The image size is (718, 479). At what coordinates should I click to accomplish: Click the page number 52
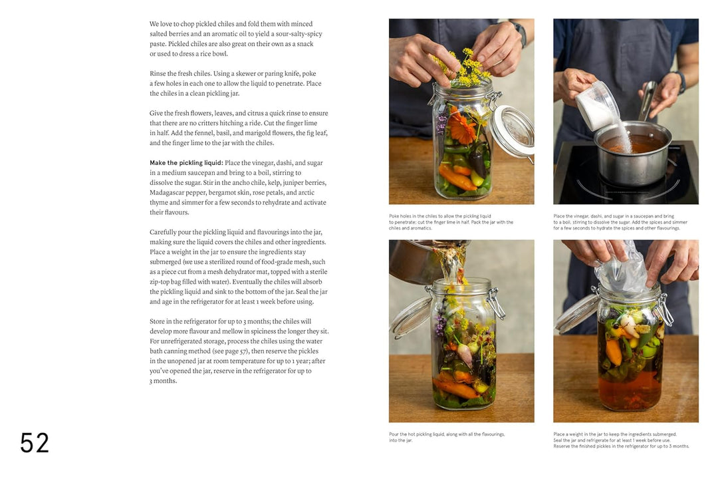coord(35,442)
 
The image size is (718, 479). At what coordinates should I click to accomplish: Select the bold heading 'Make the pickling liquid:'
coord(185,163)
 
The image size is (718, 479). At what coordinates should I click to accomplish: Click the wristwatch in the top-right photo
coord(679,82)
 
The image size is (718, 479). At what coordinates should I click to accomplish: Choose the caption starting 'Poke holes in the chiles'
coord(451,222)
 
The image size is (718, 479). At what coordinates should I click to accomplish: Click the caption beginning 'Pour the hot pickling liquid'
coord(447,437)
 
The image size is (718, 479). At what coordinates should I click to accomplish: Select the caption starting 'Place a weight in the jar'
coord(621,440)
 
